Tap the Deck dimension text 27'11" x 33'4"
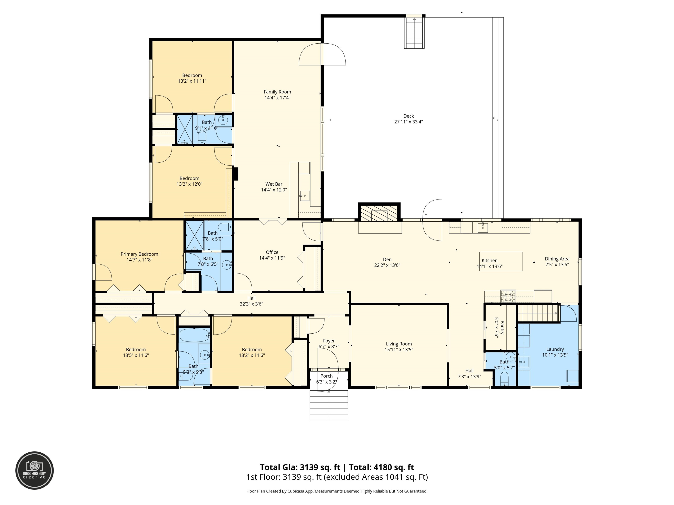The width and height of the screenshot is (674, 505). coord(408,122)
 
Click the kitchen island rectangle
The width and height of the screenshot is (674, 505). coord(501,261)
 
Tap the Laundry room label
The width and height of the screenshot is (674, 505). coord(555,349)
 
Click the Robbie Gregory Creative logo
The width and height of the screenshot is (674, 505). coord(34,470)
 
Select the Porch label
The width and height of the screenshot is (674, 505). coord(326,376)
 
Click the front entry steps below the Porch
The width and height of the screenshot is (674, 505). coord(329,405)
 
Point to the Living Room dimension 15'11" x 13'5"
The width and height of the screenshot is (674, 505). coord(399,349)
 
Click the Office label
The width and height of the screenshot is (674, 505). coord(272,252)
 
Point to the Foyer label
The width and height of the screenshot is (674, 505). coord(329,341)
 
